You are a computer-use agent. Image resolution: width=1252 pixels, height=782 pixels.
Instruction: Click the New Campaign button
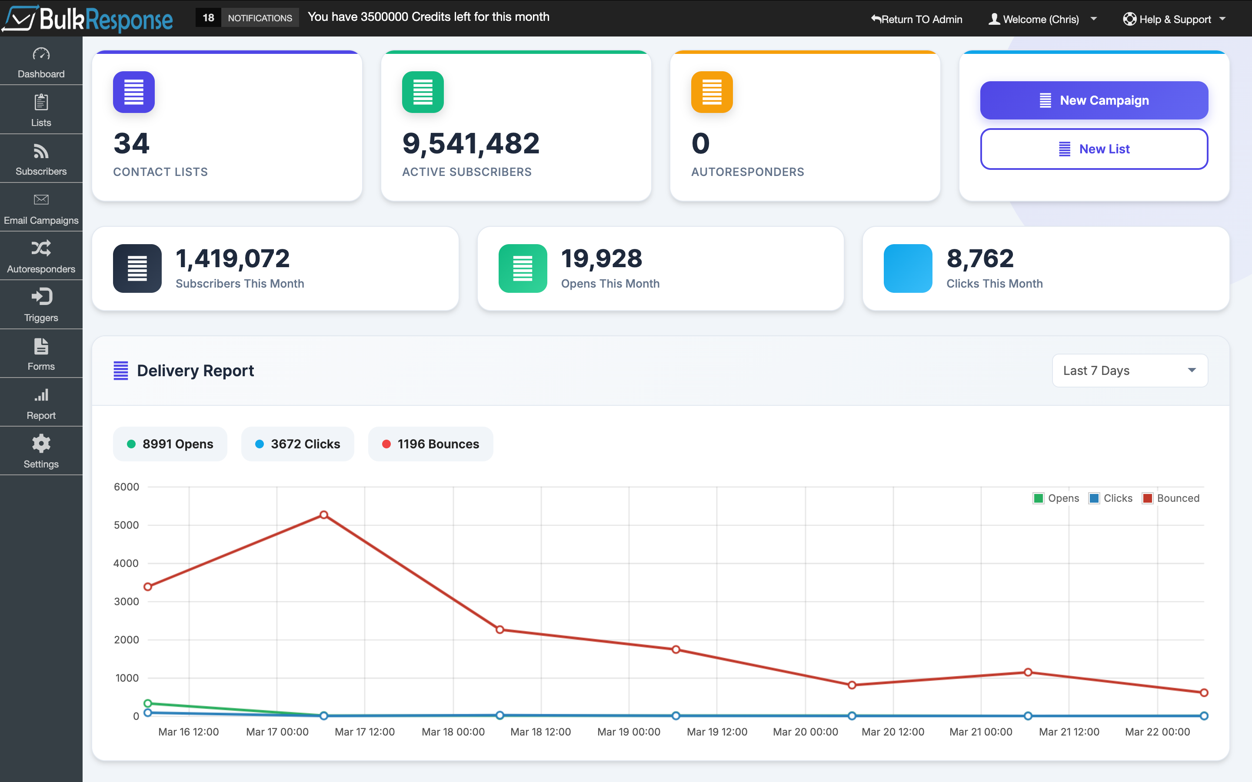(1094, 100)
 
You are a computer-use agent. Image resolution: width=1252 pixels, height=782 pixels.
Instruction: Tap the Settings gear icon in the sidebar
(41, 444)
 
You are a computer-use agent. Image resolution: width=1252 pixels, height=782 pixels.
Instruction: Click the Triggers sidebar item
(41, 305)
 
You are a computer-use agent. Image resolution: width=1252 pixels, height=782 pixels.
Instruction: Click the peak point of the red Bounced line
(323, 515)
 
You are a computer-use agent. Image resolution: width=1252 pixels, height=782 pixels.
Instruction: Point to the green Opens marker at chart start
(147, 703)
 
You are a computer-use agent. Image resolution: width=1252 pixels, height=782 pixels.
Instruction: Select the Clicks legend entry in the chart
(1111, 498)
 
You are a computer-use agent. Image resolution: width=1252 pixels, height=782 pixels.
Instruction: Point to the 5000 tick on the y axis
(126, 525)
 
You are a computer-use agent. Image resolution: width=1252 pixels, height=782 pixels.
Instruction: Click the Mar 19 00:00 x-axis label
(629, 732)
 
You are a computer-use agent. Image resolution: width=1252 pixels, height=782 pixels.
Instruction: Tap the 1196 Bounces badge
(430, 444)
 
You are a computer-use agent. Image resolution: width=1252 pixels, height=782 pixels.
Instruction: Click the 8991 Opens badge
(170, 444)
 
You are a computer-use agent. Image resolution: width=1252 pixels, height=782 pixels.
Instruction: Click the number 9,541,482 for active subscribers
(470, 143)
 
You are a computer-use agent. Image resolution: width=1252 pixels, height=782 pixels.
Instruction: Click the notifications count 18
(208, 17)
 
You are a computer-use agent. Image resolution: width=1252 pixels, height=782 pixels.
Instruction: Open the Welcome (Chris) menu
(1042, 19)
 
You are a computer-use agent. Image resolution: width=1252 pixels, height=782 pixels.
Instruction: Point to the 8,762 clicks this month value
(979, 258)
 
